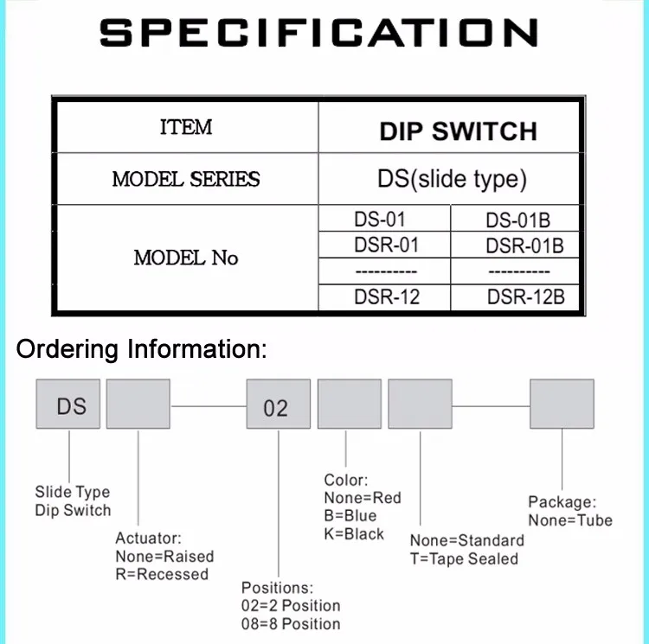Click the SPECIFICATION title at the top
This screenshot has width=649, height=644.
click(x=318, y=33)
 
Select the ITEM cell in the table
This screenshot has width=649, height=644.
click(x=186, y=128)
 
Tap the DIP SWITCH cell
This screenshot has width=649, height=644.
click(x=458, y=131)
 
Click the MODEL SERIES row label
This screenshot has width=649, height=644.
click(x=186, y=180)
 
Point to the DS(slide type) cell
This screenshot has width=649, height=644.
click(x=452, y=180)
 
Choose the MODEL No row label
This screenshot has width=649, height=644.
click(x=186, y=258)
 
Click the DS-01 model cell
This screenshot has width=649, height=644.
click(x=380, y=220)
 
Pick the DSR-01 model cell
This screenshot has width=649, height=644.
click(x=386, y=245)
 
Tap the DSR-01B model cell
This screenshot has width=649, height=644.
click(x=524, y=246)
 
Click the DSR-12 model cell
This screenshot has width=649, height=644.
click(x=387, y=297)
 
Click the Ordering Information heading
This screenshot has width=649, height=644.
click(x=143, y=350)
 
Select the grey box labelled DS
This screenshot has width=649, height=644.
click(x=67, y=404)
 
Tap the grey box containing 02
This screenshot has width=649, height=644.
click(x=279, y=405)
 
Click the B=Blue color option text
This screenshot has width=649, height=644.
click(x=350, y=516)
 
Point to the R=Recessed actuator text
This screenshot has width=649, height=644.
click(x=162, y=574)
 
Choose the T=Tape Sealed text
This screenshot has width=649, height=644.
click(x=464, y=558)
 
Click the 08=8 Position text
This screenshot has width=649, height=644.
click(x=290, y=624)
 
